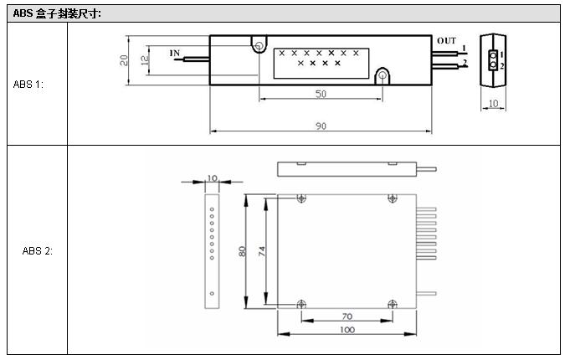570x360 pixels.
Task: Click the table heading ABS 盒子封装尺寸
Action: pyautogui.click(x=57, y=13)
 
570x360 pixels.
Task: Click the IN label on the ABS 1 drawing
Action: pyautogui.click(x=174, y=53)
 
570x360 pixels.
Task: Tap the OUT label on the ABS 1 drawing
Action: pyautogui.click(x=446, y=40)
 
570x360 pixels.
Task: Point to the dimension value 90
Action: pyautogui.click(x=321, y=126)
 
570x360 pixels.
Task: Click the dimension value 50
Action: pyautogui.click(x=321, y=94)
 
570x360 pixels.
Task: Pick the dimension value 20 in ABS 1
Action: pyautogui.click(x=123, y=59)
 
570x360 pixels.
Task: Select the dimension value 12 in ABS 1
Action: pyautogui.click(x=143, y=59)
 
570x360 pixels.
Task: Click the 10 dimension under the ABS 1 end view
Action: pyautogui.click(x=492, y=103)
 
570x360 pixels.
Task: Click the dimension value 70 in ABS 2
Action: pyautogui.click(x=346, y=316)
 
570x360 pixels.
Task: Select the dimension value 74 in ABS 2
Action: pyautogui.click(x=262, y=251)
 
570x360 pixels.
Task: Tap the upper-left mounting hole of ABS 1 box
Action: pyautogui.click(x=259, y=45)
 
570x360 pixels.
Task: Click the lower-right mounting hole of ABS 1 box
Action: pyautogui.click(x=382, y=76)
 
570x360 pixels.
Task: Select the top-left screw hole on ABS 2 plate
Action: pyautogui.click(x=301, y=198)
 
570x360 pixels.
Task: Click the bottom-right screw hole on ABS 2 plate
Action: pyautogui.click(x=391, y=303)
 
